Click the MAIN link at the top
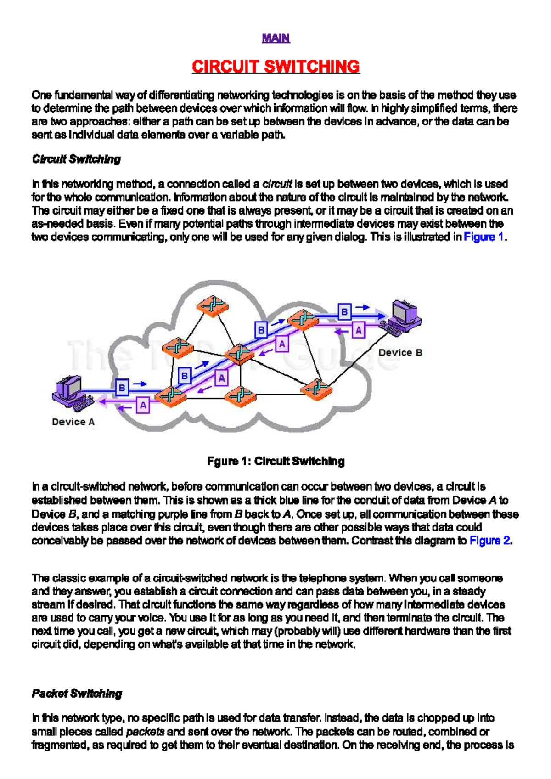pyautogui.click(x=275, y=38)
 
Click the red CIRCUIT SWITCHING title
pyautogui.click(x=275, y=67)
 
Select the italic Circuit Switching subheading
pyautogui.click(x=76, y=159)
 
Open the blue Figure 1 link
pyautogui.click(x=484, y=237)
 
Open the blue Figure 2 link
pyautogui.click(x=489, y=541)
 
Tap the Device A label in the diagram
pyautogui.click(x=73, y=422)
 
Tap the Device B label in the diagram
pyautogui.click(x=400, y=353)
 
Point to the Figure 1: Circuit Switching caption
pyautogui.click(x=275, y=461)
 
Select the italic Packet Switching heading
pyautogui.click(x=77, y=694)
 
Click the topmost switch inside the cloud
pyautogui.click(x=212, y=305)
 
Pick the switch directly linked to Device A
pyautogui.click(x=171, y=395)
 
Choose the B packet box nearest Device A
pyautogui.click(x=122, y=388)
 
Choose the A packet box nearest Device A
pyautogui.click(x=143, y=406)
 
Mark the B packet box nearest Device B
pyautogui.click(x=344, y=312)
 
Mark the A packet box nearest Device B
pyautogui.click(x=359, y=330)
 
